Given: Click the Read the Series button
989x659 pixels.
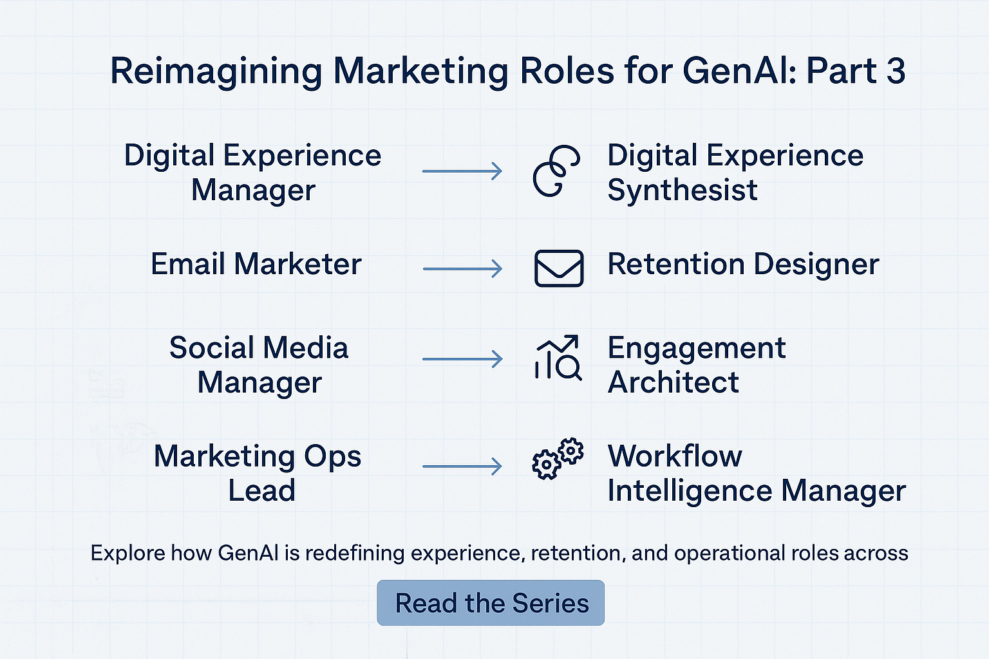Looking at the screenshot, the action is (x=491, y=603).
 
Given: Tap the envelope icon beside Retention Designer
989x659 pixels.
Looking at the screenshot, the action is (x=559, y=268).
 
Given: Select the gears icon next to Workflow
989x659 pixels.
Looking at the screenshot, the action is (x=558, y=458).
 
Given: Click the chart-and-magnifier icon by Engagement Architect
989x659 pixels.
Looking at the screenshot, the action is (x=558, y=358).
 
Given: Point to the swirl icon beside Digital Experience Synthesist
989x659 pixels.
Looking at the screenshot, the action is (x=556, y=170).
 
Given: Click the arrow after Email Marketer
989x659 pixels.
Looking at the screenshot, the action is (x=462, y=268).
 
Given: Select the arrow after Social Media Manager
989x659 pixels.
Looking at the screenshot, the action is (x=462, y=358).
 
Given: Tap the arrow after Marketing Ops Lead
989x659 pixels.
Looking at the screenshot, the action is (x=462, y=466).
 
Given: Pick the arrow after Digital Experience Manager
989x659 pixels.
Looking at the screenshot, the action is (x=462, y=171).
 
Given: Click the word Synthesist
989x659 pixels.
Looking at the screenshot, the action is (x=683, y=190).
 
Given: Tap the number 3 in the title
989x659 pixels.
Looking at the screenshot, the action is (x=896, y=71).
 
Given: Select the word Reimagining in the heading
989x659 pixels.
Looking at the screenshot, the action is (x=216, y=72).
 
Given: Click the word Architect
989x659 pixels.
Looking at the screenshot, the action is (x=673, y=382).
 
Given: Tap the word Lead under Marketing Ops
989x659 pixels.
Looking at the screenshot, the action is (x=261, y=490).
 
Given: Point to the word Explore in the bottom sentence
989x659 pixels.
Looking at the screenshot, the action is (x=127, y=553).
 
